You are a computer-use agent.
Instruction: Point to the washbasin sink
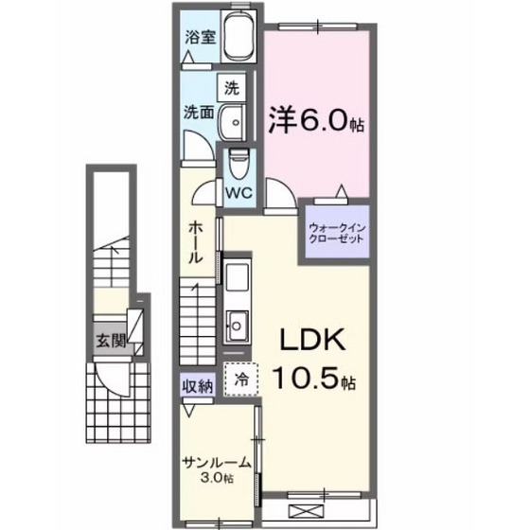233,122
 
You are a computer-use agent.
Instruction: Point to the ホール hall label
195,242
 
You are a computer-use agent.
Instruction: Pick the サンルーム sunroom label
217,463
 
